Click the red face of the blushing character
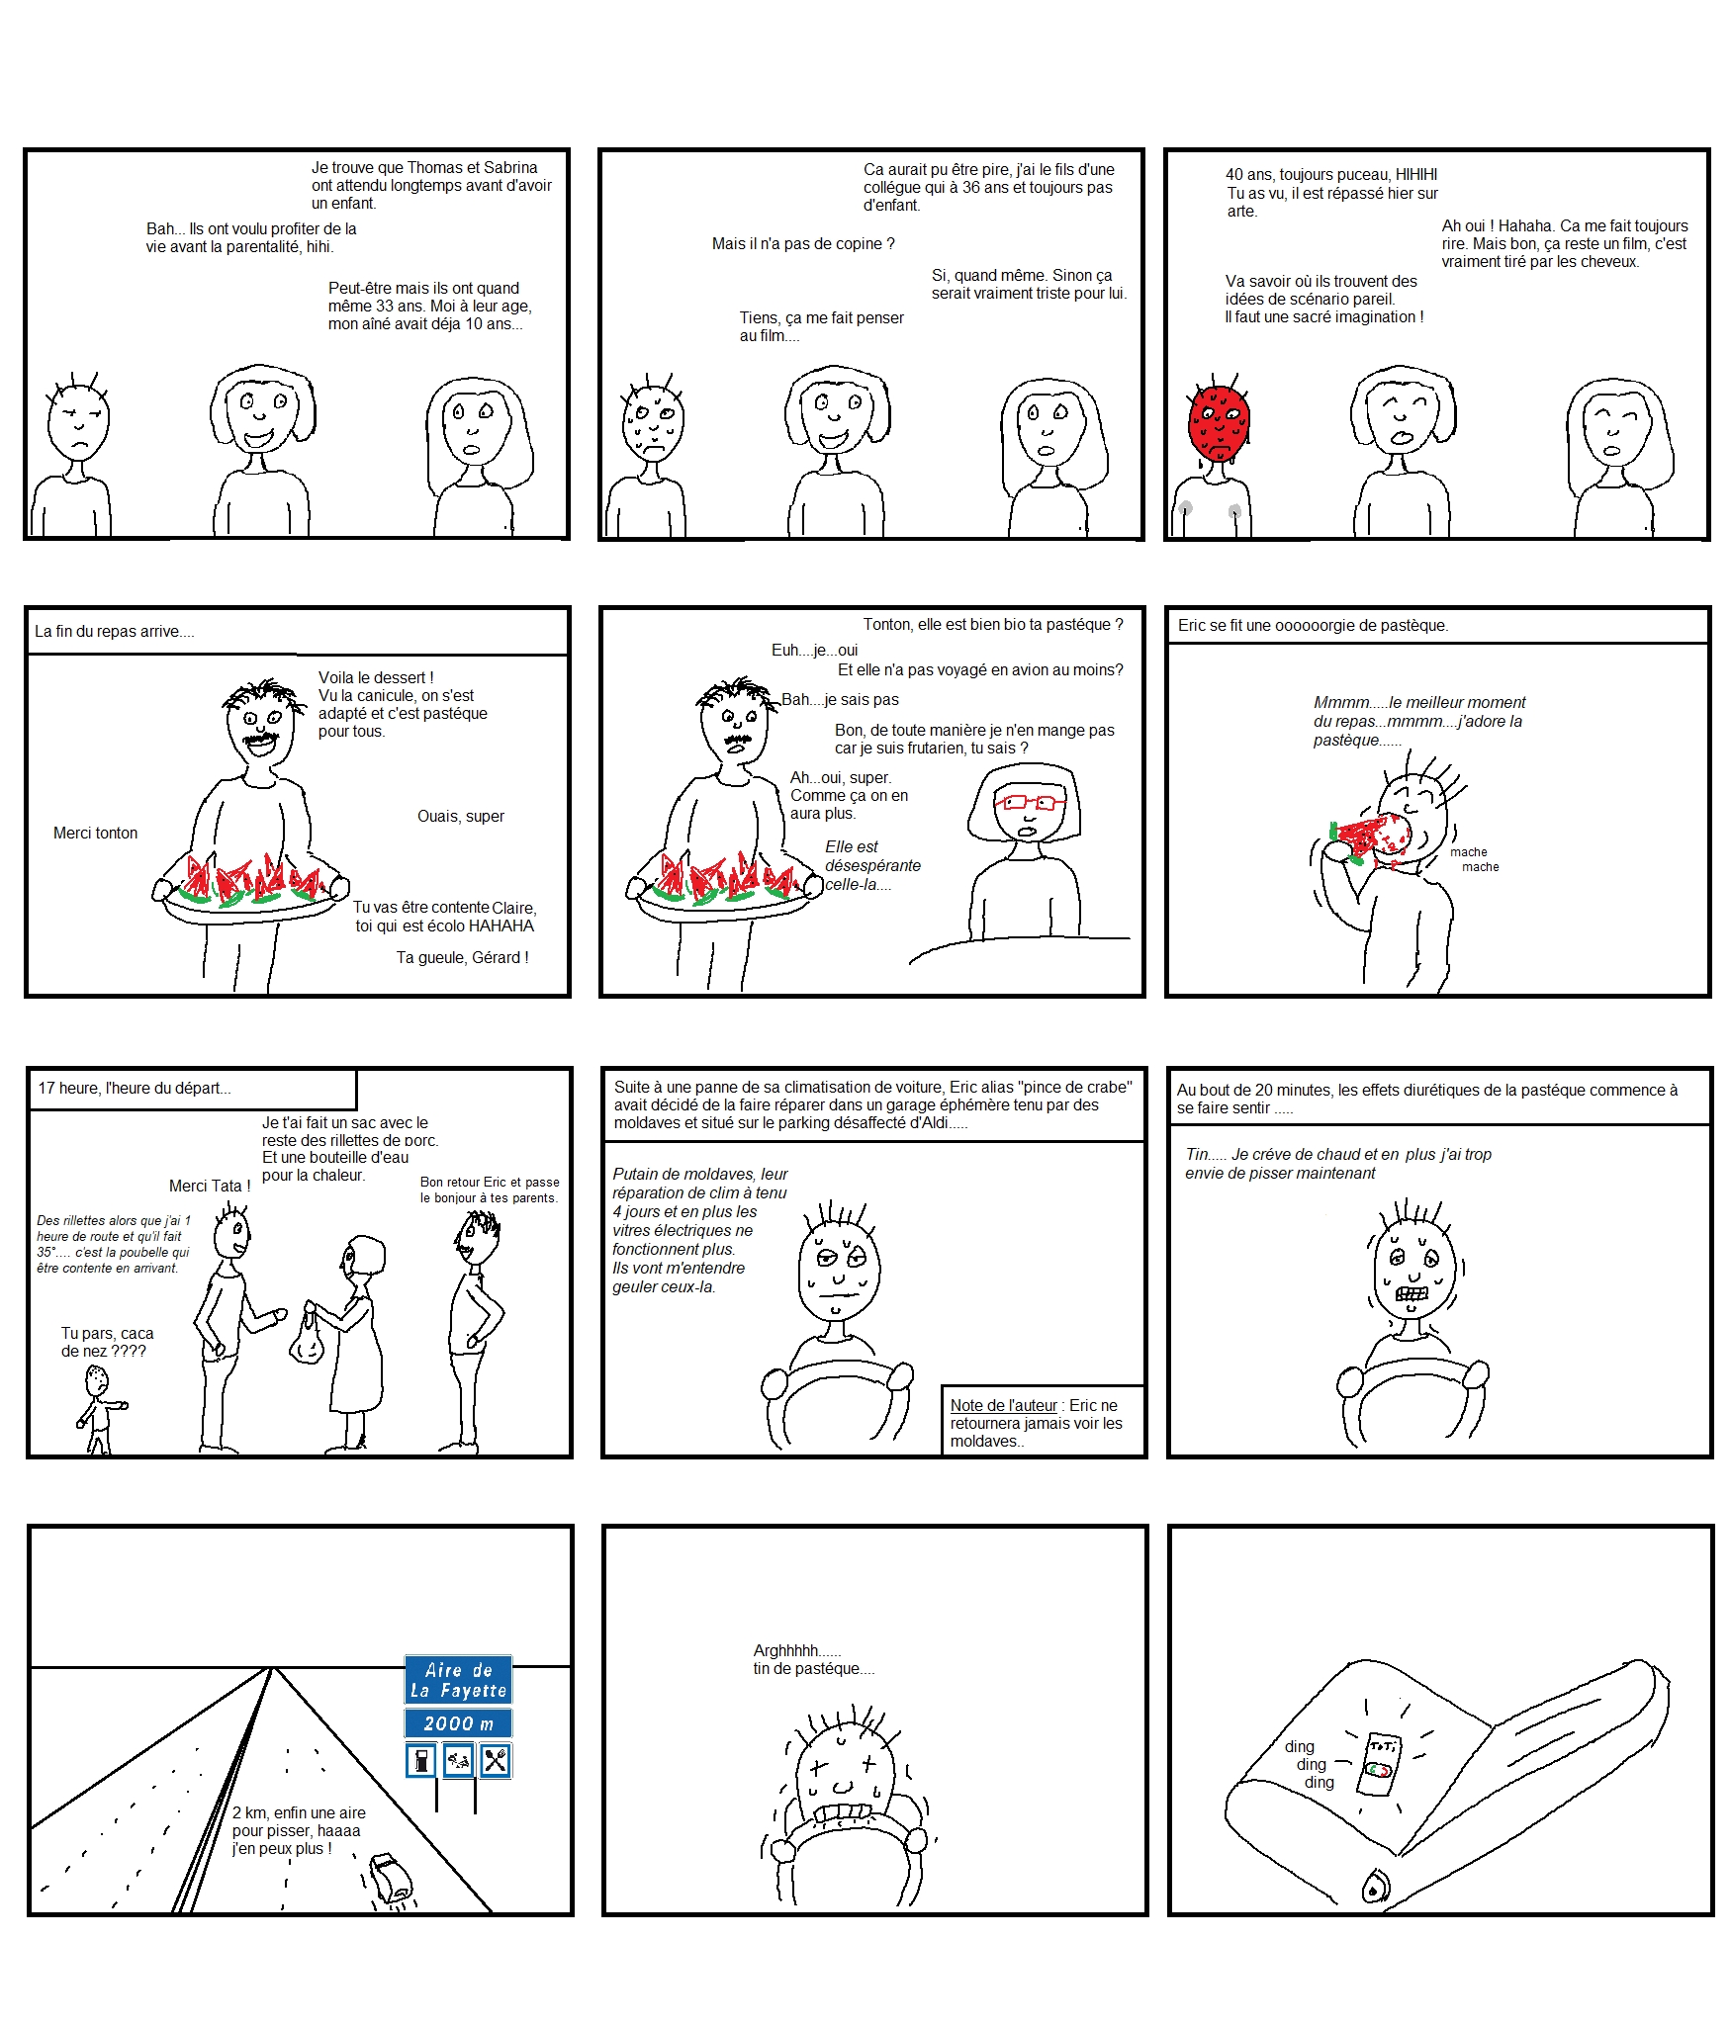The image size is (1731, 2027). click(x=1218, y=423)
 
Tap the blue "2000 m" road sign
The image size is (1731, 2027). click(x=458, y=1723)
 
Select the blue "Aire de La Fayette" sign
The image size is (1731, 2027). click(x=458, y=1680)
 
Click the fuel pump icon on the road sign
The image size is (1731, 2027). click(x=422, y=1761)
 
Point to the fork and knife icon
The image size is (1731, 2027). click(x=495, y=1761)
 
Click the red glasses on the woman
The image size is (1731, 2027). click(x=1030, y=802)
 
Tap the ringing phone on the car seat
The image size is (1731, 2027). click(x=1381, y=1765)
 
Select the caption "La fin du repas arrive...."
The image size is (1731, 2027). click(x=115, y=631)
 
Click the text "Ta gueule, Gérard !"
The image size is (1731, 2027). click(x=462, y=957)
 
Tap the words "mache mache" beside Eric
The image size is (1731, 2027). click(x=1475, y=859)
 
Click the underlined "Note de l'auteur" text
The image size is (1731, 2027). click(x=1003, y=1405)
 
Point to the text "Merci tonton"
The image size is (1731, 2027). click(x=96, y=833)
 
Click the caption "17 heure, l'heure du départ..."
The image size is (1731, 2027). click(x=135, y=1088)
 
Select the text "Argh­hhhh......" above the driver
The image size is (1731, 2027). click(x=797, y=1650)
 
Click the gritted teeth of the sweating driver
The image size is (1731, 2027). click(x=1412, y=1293)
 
